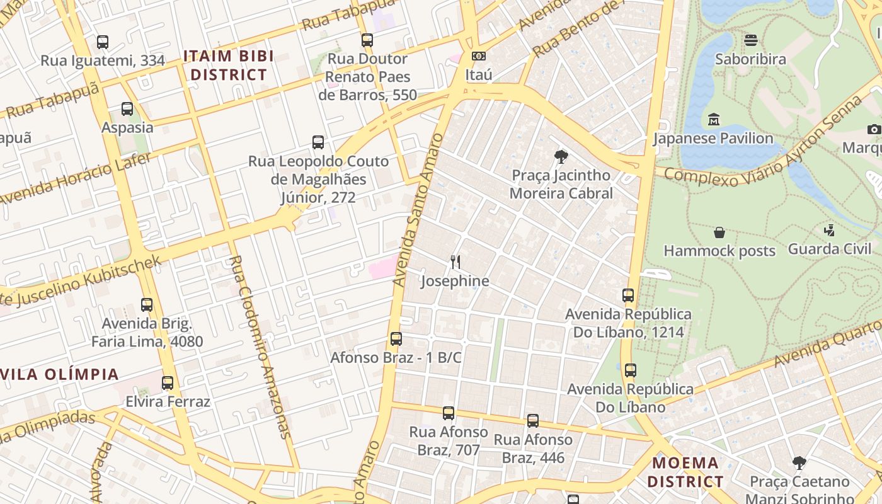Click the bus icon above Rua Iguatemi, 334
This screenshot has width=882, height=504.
tap(102, 42)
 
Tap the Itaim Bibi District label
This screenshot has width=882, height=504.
tap(229, 66)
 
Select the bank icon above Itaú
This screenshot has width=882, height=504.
tap(479, 56)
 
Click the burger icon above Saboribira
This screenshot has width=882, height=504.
tap(750, 40)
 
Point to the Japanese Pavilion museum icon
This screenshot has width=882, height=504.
tap(713, 119)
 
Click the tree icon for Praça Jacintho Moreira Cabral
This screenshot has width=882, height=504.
tap(561, 156)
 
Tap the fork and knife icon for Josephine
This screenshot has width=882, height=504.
tap(455, 262)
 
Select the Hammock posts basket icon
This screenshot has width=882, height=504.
tap(719, 232)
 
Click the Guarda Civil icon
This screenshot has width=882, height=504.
tap(830, 230)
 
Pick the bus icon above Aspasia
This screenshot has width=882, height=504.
tap(127, 108)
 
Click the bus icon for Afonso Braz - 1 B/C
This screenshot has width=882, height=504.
tap(396, 339)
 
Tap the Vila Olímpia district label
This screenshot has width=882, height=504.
tap(60, 374)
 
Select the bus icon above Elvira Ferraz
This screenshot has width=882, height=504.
tap(168, 383)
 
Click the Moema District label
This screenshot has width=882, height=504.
tap(686, 472)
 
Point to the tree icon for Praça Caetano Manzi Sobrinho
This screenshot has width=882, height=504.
tap(799, 463)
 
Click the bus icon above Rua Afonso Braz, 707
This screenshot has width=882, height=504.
tap(448, 413)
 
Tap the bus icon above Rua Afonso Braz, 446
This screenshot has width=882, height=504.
tap(533, 421)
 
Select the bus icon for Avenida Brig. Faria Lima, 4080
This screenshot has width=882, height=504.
tap(147, 305)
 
